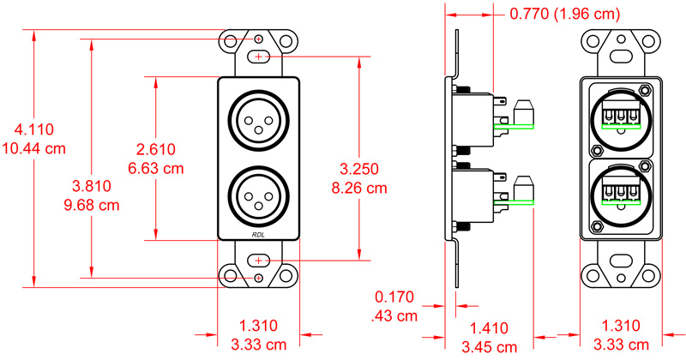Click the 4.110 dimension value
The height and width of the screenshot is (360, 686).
[34, 130]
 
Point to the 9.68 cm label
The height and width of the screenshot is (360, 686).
[91, 206]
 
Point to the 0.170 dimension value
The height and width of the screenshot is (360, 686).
[395, 297]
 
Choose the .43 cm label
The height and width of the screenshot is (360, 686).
[395, 315]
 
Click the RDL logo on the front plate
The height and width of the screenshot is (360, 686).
[258, 235]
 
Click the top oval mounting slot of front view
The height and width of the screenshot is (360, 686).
[258, 57]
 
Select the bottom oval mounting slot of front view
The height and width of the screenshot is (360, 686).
[258, 260]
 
